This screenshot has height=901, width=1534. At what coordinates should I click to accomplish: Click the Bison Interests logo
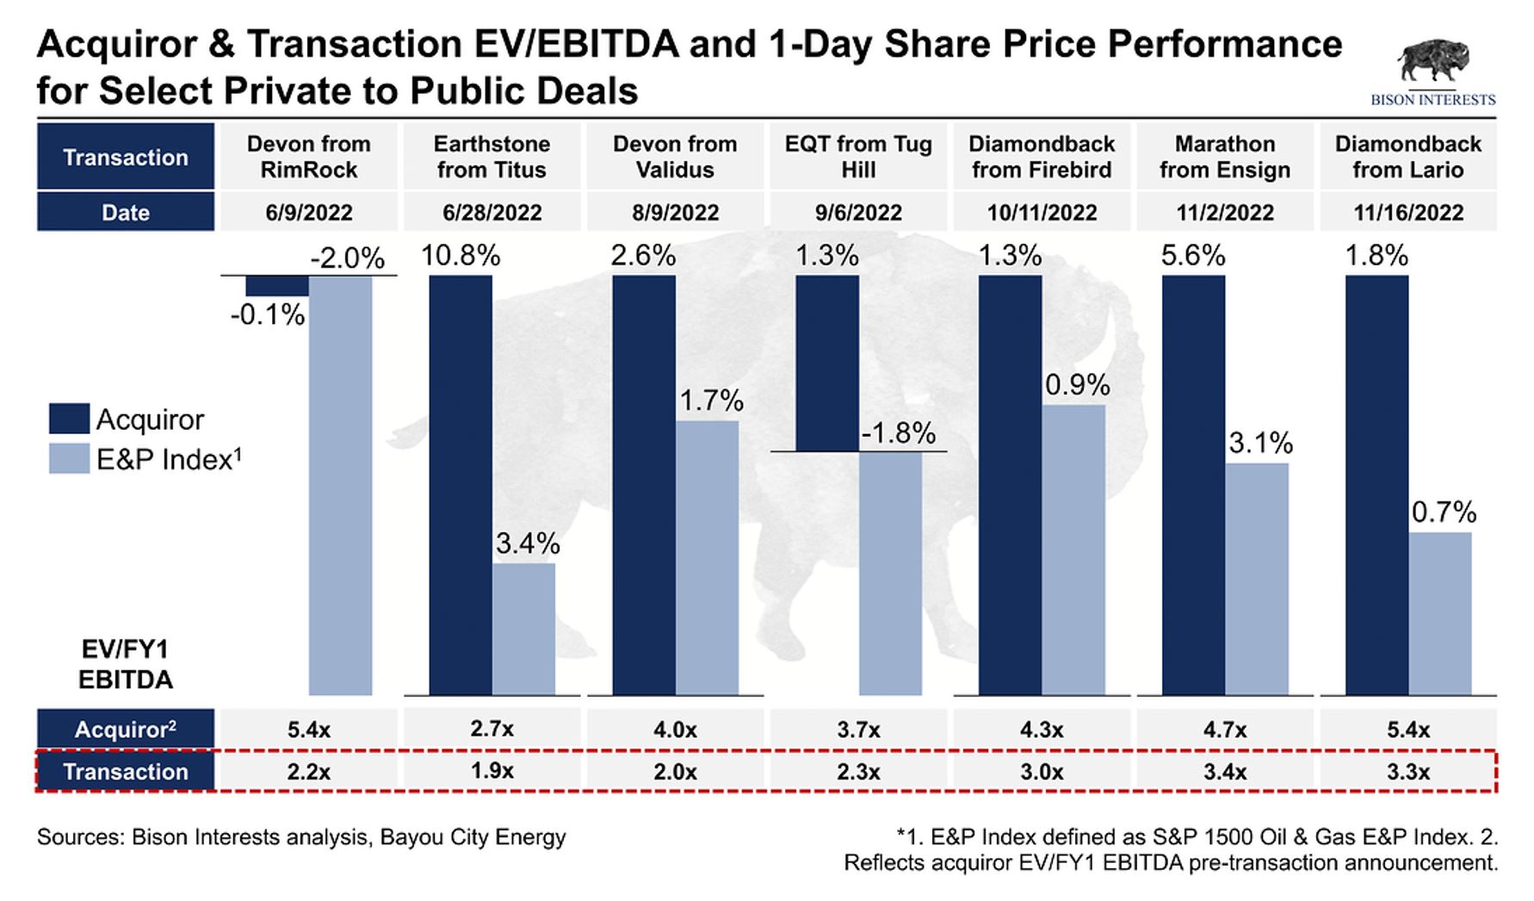[1432, 73]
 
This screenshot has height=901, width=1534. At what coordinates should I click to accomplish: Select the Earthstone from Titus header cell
[492, 157]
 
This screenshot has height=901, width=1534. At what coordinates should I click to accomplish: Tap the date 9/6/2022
[858, 213]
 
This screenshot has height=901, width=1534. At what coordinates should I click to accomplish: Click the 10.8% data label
[461, 256]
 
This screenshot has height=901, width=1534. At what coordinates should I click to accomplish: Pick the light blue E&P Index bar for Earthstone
[523, 629]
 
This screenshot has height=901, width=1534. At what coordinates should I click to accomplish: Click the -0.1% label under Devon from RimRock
[267, 315]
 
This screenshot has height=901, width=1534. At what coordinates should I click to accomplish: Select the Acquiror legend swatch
[69, 419]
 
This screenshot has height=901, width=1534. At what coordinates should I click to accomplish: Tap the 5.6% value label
[1193, 256]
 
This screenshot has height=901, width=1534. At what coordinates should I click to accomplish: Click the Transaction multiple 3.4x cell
[1224, 772]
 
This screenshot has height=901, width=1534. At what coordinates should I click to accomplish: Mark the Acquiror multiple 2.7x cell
[492, 730]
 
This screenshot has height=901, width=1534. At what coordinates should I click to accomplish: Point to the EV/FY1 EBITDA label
[126, 665]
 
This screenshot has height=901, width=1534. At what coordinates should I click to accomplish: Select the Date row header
[126, 213]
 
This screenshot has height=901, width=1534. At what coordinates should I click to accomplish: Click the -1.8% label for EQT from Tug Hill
[898, 433]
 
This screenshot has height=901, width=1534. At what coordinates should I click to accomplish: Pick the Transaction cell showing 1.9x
[492, 771]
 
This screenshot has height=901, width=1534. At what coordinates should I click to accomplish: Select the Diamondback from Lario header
[1407, 157]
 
